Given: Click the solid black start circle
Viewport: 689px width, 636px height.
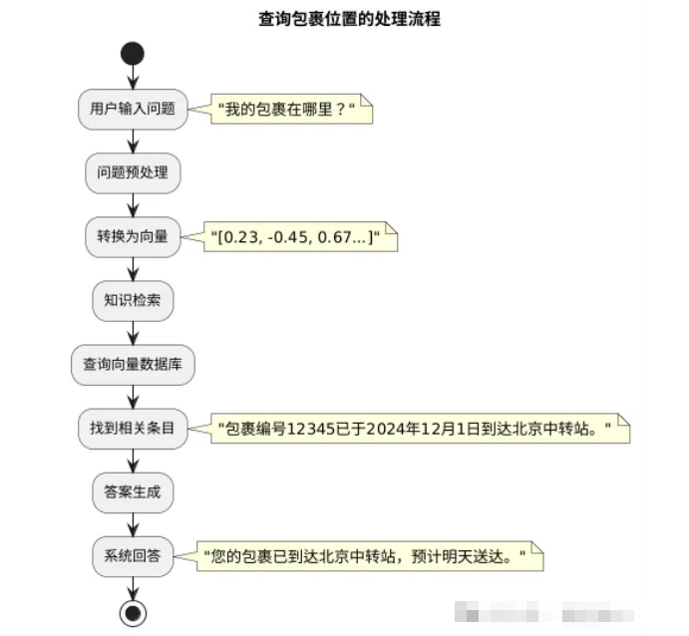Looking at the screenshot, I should click(x=133, y=53).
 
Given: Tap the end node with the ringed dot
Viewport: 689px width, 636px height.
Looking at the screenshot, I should click(x=133, y=612).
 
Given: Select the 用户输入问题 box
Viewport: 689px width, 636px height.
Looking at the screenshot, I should click(x=133, y=109).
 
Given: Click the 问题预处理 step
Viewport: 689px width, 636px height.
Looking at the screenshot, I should click(x=133, y=172).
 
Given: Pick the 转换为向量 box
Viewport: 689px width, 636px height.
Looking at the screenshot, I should click(x=133, y=236).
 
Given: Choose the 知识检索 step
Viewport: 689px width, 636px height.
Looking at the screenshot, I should click(x=133, y=301).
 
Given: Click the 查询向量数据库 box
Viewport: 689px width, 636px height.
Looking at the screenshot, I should click(x=133, y=365).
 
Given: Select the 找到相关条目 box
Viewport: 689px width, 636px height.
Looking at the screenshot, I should click(x=133, y=429).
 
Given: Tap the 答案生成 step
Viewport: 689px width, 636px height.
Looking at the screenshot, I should click(x=133, y=492).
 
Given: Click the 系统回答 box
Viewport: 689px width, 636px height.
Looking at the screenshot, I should click(x=133, y=556).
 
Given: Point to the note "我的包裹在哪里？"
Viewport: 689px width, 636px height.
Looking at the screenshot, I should click(x=288, y=109).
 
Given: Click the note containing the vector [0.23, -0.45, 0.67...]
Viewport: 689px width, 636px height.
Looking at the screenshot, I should click(x=300, y=237).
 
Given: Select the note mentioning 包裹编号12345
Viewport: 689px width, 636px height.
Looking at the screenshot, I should click(x=419, y=430).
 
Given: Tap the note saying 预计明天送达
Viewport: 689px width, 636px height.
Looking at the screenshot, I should click(x=369, y=556).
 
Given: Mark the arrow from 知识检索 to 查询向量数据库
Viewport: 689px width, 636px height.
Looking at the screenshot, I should click(x=133, y=333).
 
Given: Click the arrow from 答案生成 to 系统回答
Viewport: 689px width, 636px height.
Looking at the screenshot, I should click(x=133, y=524).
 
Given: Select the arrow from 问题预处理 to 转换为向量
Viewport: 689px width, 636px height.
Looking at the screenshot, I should click(x=133, y=204).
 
